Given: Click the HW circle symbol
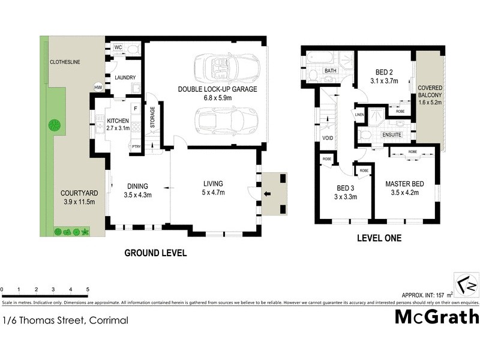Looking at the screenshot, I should point(98,88).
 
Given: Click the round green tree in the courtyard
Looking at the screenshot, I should point(55,125).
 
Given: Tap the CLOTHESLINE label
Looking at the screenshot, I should point(65,62).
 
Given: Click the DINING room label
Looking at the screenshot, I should point(137,185).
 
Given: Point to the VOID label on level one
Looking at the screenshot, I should point(328,137).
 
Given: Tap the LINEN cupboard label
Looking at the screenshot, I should point(359,115).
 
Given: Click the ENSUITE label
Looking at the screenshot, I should point(392,135).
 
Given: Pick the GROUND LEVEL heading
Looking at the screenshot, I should point(155,253).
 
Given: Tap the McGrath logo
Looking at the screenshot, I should point(436,317).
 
